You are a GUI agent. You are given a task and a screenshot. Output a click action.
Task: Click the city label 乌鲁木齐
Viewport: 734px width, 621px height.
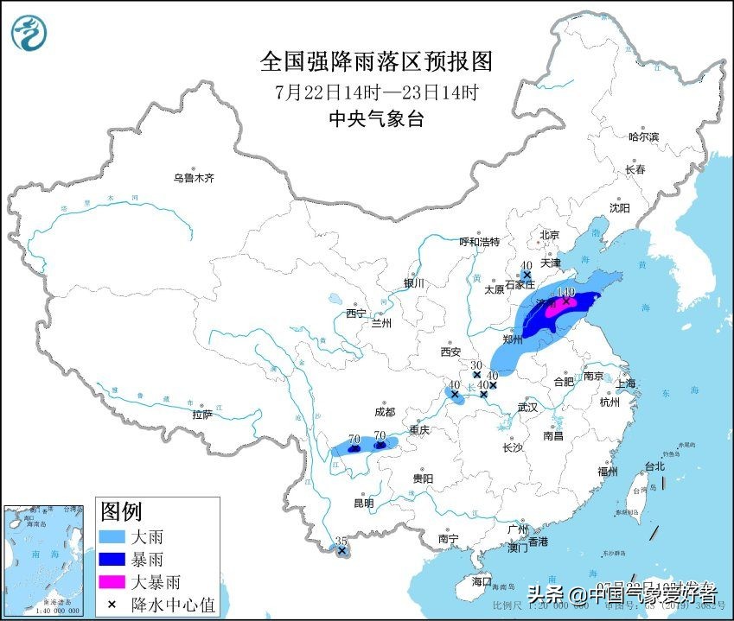pyautogui.click(x=193, y=178)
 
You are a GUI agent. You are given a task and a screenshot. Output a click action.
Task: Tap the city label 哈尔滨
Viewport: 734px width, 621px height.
pyautogui.click(x=643, y=137)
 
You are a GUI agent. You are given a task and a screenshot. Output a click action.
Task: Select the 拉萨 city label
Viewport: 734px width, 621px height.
pyautogui.click(x=202, y=415)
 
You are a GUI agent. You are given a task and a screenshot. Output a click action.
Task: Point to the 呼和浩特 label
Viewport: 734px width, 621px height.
pyautogui.click(x=479, y=242)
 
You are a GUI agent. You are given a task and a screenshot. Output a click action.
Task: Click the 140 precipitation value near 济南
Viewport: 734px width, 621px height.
pyautogui.click(x=566, y=293)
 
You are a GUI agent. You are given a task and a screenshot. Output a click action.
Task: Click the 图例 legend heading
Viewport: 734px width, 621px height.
pyautogui.click(x=121, y=510)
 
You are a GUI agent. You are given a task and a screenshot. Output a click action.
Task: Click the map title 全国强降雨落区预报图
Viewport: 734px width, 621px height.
pyautogui.click(x=376, y=61)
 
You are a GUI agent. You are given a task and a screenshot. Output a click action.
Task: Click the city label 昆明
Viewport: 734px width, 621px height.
pyautogui.click(x=363, y=504)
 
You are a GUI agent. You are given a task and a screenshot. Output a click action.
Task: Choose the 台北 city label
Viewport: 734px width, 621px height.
pyautogui.click(x=654, y=466)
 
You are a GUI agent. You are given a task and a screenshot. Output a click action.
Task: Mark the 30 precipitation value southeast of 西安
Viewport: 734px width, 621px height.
pyautogui.click(x=476, y=365)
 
